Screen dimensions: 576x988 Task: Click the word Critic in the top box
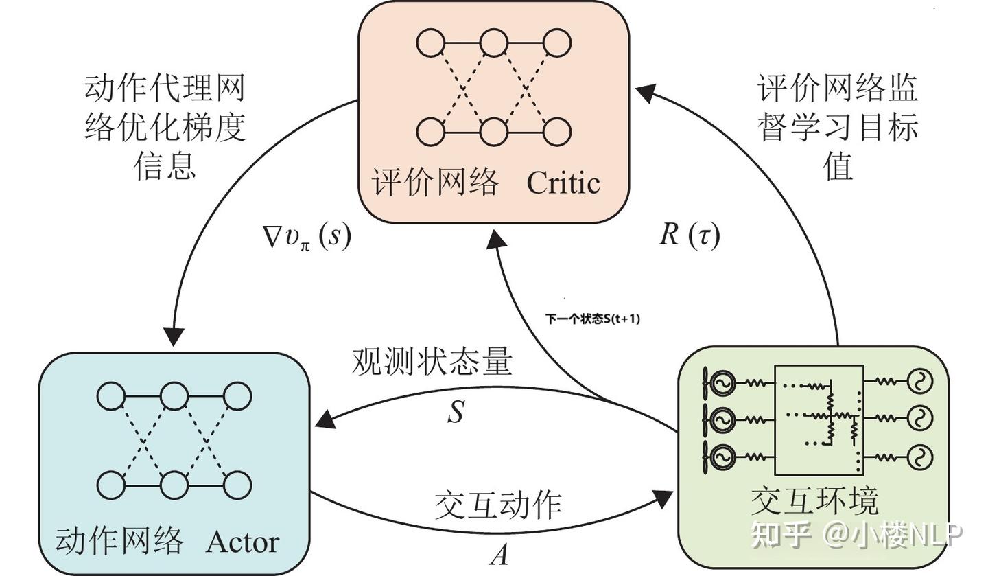[563, 183]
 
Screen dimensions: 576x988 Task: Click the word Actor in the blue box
[242, 542]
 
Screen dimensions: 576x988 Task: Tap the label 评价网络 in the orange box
[435, 183]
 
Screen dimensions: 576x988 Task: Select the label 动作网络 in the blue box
[119, 542]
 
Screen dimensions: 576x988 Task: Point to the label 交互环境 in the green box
[814, 502]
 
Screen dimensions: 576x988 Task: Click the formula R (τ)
[689, 235]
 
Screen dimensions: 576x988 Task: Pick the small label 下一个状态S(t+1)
[592, 319]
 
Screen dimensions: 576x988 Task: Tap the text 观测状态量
[432, 362]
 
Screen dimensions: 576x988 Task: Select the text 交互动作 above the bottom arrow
[498, 505]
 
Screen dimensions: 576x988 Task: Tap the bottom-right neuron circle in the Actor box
[237, 485]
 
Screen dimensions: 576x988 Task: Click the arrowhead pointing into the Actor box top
[175, 336]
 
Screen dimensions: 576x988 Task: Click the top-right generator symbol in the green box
[919, 382]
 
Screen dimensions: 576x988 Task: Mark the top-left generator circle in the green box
[722, 382]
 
